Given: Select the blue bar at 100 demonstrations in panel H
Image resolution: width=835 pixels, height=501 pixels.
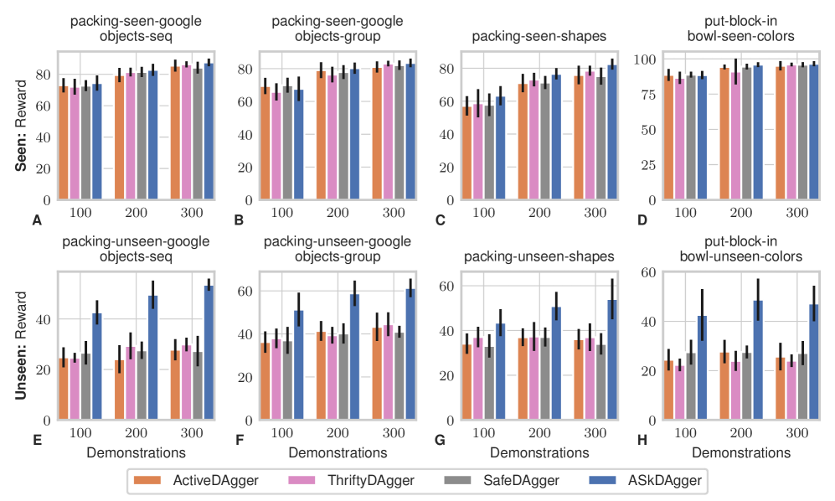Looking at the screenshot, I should [x=702, y=368].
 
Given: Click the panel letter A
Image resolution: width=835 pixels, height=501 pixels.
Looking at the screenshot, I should [x=35, y=220].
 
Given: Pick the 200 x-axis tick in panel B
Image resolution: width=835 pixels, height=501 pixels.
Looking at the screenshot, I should [x=338, y=213].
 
